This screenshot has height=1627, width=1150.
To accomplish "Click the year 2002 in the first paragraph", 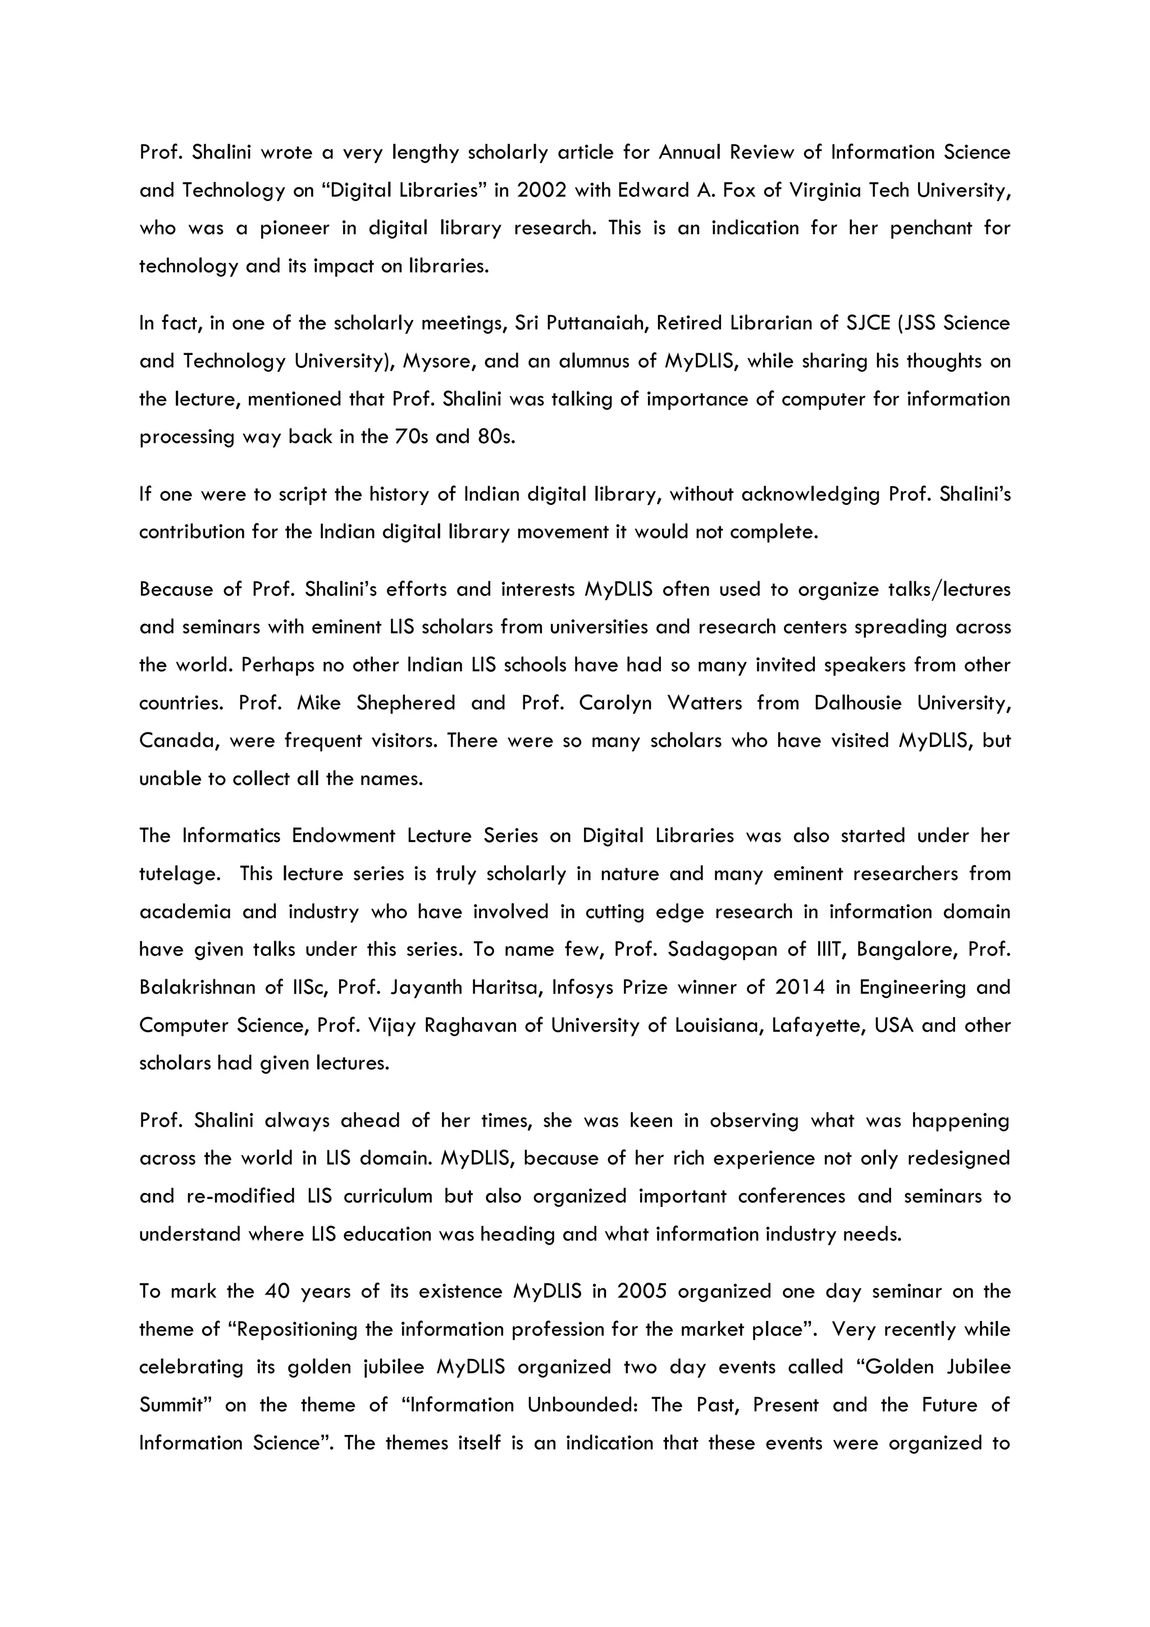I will click(541, 190).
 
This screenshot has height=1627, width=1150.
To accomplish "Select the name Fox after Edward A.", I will click(740, 190).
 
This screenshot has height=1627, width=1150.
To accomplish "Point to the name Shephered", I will click(405, 704).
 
